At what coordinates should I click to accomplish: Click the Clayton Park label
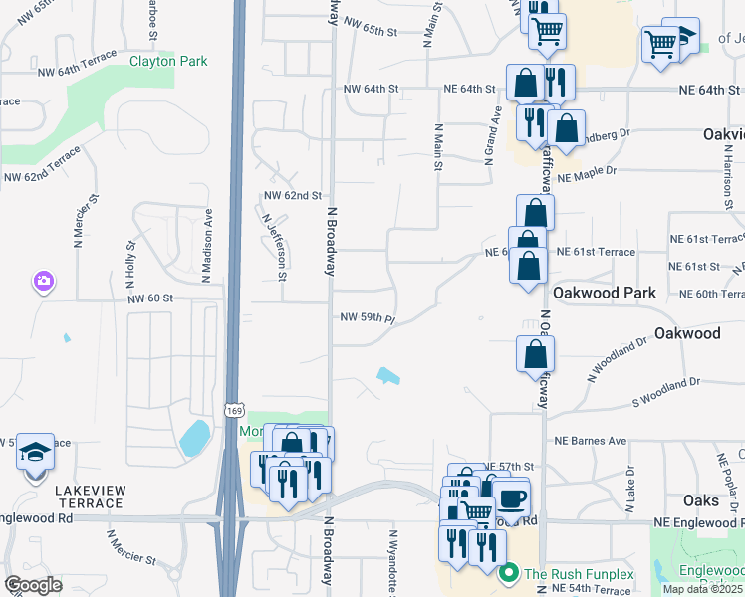[x=168, y=62]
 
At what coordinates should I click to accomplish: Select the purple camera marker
[x=43, y=282]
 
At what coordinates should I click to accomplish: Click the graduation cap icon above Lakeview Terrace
[x=36, y=451]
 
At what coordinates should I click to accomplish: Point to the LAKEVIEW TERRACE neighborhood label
[x=76, y=497]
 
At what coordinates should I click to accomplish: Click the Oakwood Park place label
[x=605, y=293]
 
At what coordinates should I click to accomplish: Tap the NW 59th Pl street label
[x=369, y=318]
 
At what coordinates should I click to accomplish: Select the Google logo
[x=33, y=585]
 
